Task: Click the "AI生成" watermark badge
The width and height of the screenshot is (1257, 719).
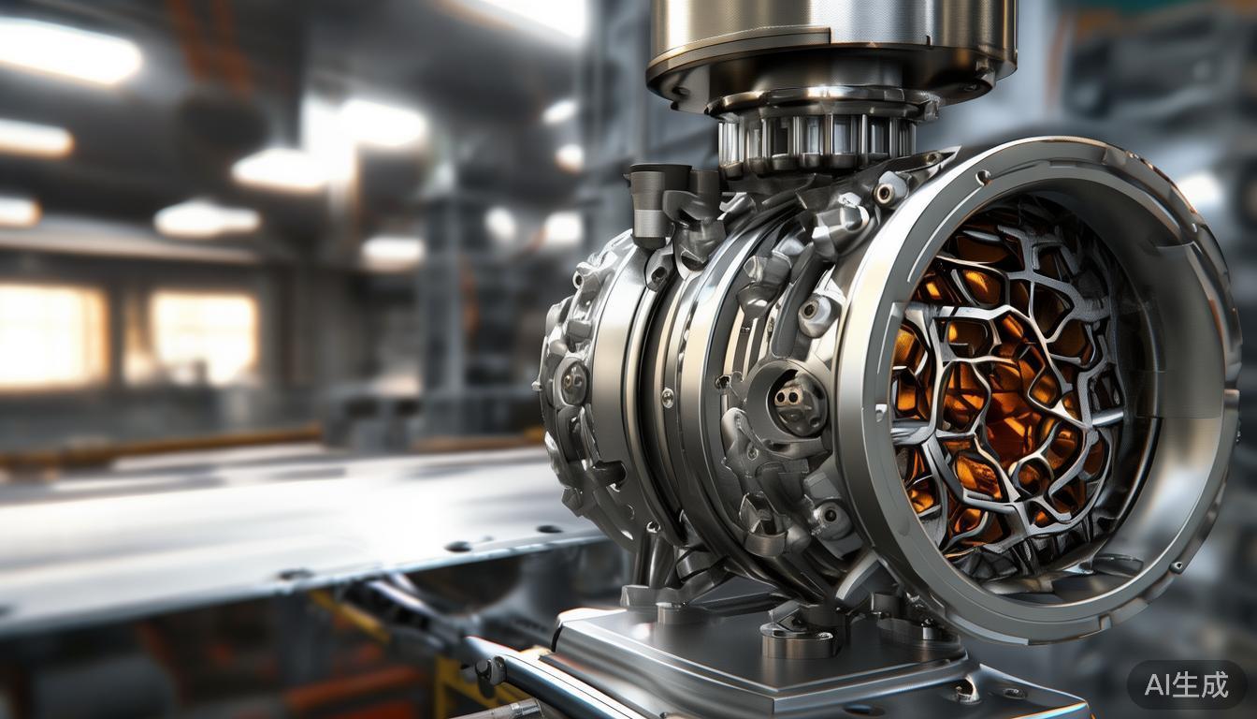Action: [1186, 684]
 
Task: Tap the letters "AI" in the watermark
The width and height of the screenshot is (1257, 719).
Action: [1157, 684]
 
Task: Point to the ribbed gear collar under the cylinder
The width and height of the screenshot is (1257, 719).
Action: [816, 137]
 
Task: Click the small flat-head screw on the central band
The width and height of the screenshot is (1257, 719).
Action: [667, 398]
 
